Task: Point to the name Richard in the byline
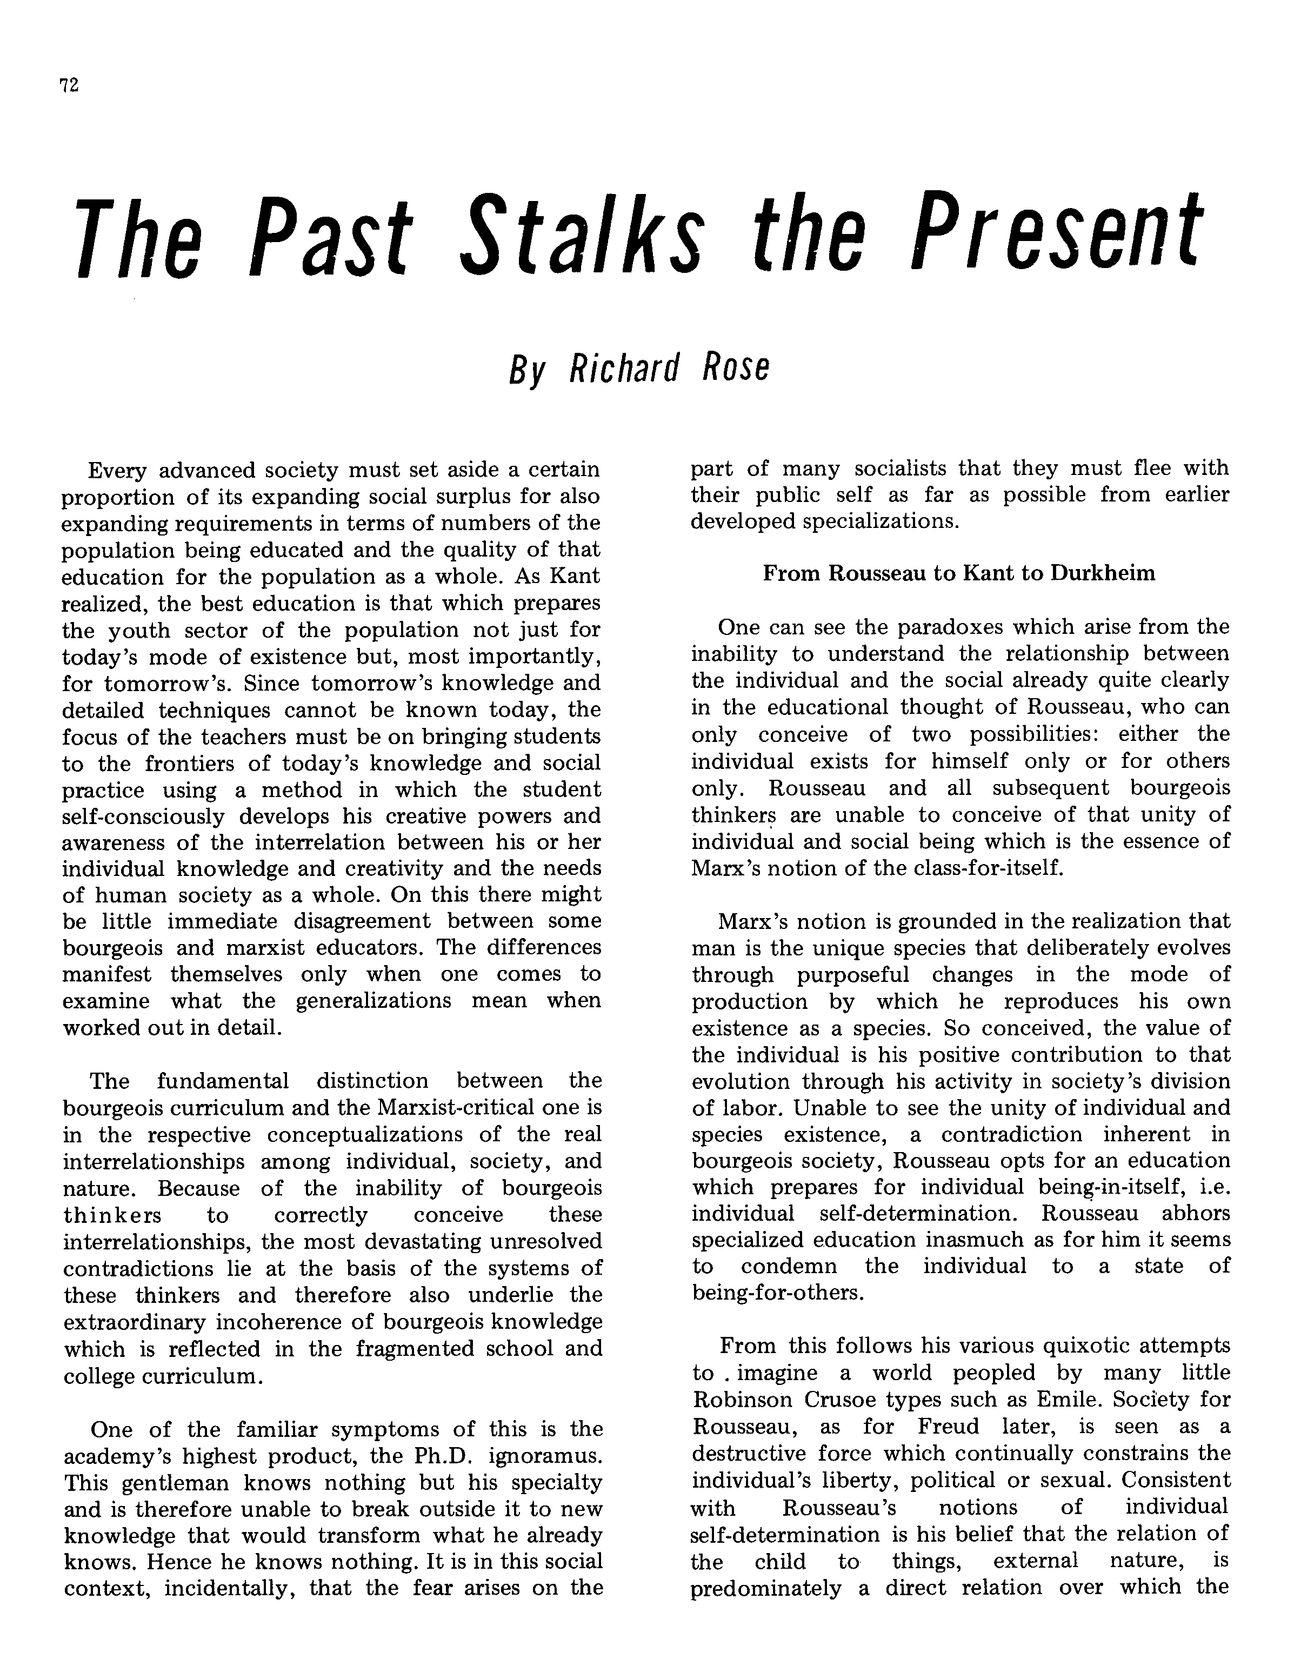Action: click(x=624, y=367)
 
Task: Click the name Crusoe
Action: click(x=841, y=1400)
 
